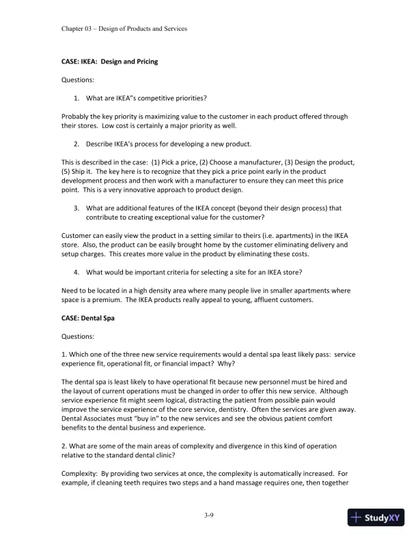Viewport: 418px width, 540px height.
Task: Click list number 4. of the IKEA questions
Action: click(76, 272)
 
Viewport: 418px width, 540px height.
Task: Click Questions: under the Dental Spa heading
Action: click(78, 335)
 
